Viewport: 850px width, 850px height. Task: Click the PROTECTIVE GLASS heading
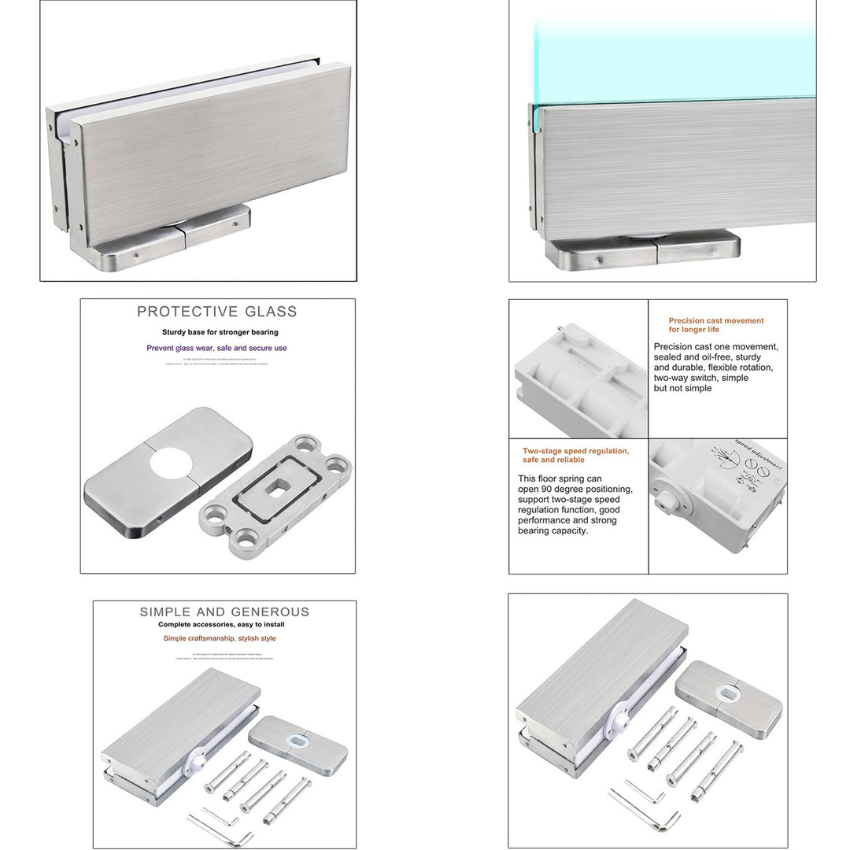(x=217, y=312)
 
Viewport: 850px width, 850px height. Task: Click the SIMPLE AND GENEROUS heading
(x=224, y=612)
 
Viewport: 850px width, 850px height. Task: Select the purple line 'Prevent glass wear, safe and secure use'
(x=216, y=348)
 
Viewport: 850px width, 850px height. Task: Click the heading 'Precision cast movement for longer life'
(x=715, y=325)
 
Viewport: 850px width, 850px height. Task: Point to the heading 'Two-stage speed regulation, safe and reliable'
(x=575, y=455)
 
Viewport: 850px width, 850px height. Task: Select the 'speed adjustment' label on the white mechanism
(x=759, y=454)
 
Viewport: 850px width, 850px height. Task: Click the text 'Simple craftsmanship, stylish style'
(x=220, y=638)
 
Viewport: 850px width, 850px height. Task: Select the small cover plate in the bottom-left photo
(x=297, y=742)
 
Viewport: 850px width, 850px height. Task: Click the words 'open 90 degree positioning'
(x=575, y=489)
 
